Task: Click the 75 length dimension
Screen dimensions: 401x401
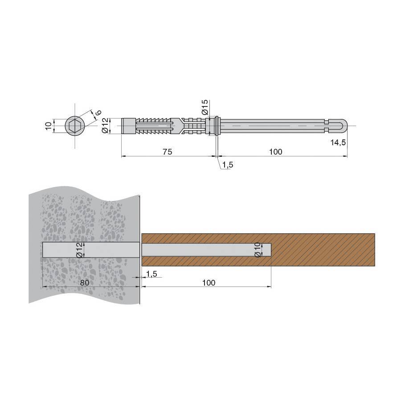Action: click(x=167, y=151)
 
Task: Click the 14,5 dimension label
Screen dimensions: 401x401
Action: click(x=338, y=143)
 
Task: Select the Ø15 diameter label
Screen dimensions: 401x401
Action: click(x=205, y=107)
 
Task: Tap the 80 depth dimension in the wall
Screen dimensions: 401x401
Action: click(x=85, y=282)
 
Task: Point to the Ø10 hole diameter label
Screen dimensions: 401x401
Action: click(x=258, y=250)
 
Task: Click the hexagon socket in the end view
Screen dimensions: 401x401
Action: click(x=75, y=126)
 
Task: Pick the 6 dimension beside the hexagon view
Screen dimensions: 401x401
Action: click(x=98, y=112)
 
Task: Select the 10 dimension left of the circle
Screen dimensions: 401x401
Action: click(x=48, y=126)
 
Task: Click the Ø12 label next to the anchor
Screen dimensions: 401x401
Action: click(x=105, y=126)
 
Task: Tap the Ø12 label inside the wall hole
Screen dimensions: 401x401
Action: click(x=79, y=250)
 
